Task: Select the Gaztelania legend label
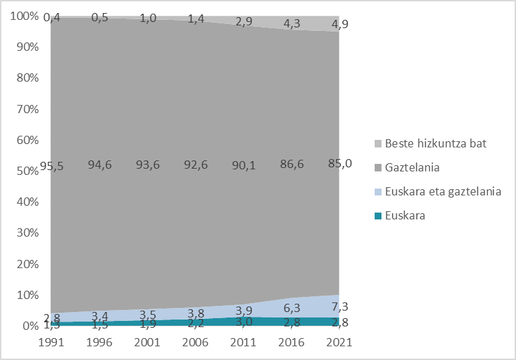click(x=412, y=167)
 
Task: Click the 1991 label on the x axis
click(x=50, y=341)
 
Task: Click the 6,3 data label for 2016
click(x=293, y=309)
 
